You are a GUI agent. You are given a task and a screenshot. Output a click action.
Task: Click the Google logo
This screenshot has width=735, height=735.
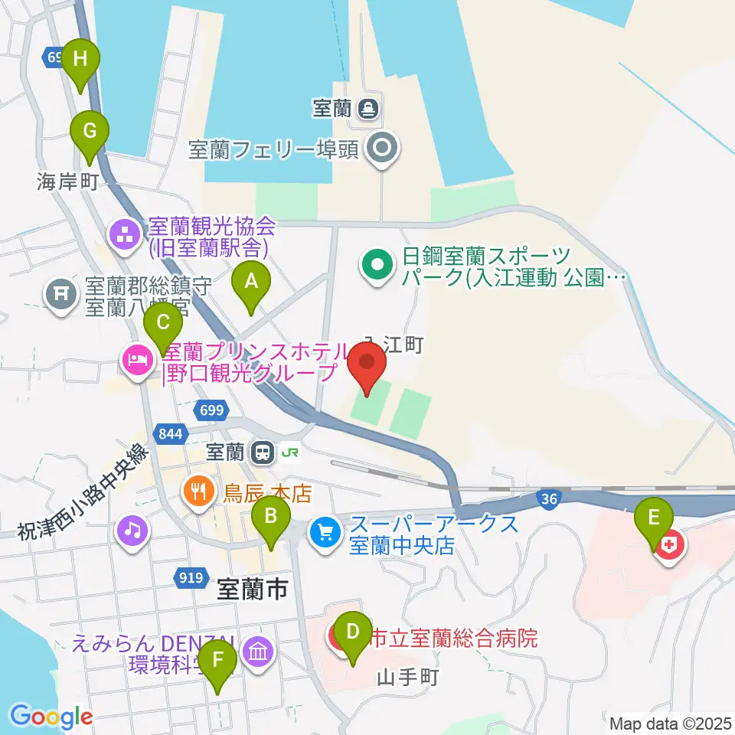51,716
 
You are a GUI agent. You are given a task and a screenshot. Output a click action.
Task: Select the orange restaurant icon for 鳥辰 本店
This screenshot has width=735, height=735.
199,490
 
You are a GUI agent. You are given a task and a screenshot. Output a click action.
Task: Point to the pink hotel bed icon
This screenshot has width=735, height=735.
137,359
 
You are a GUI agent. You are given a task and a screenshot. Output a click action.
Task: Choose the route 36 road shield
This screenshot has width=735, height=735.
547,499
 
